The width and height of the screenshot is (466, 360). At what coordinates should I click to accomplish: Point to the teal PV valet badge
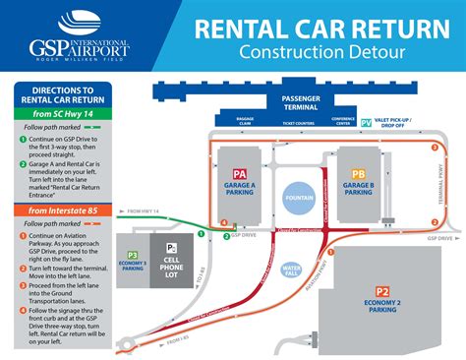pyautogui.click(x=367, y=122)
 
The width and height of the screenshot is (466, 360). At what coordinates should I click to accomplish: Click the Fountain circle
pyautogui.click(x=298, y=196)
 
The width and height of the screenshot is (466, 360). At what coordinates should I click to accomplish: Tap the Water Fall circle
pyautogui.click(x=292, y=270)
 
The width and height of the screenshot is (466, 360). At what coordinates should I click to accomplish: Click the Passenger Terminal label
pyautogui.click(x=302, y=103)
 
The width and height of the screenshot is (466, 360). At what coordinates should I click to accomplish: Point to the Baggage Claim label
pyautogui.click(x=245, y=123)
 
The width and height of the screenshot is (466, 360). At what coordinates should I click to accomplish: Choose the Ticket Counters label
pyautogui.click(x=298, y=123)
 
